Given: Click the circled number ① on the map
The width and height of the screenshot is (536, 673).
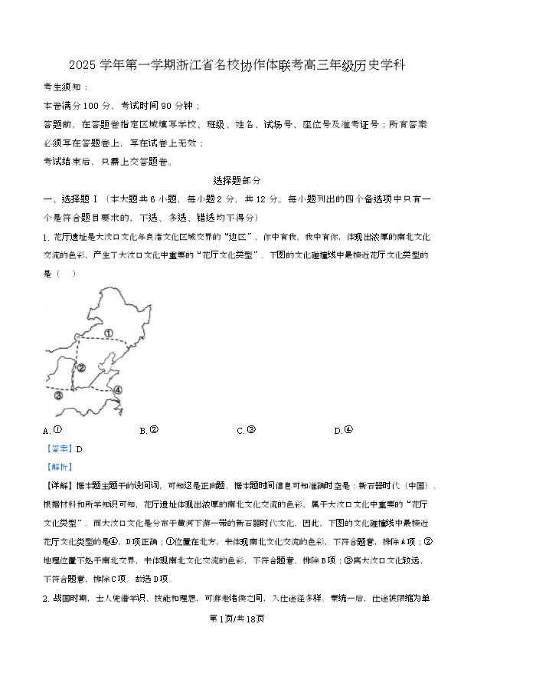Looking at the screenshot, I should pos(109,333).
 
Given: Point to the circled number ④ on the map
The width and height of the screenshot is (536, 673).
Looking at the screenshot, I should pos(117,390).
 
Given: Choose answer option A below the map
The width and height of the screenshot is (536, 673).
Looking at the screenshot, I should pos(53,430).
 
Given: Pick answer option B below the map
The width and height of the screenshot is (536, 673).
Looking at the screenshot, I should pos(149,430).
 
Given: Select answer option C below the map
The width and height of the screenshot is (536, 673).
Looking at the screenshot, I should pos(247,430).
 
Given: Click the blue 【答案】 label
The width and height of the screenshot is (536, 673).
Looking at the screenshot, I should pos(60,449).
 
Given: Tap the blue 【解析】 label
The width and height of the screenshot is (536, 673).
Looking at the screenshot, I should pos(60,467).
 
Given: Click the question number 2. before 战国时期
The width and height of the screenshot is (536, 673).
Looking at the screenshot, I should pos(45,598).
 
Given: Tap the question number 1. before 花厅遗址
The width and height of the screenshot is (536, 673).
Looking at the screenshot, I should pos(45,237).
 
